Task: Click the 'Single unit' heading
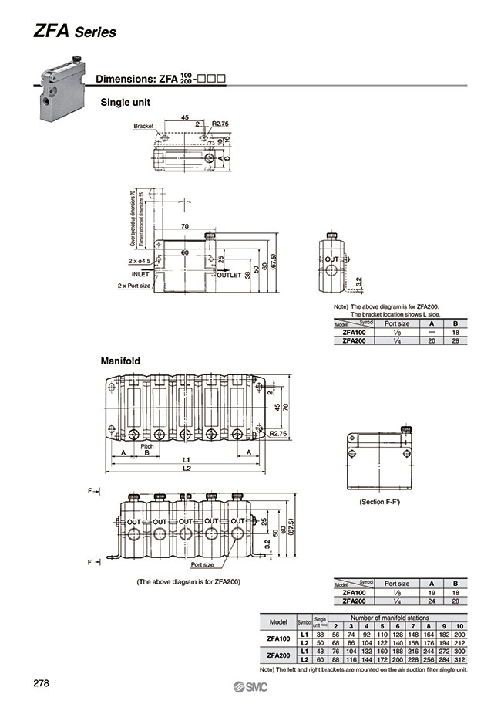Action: (125, 102)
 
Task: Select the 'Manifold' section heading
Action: (119, 360)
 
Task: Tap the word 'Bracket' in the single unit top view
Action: (143, 125)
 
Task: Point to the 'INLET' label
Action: (140, 274)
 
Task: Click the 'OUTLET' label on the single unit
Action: (229, 275)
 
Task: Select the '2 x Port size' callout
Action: (133, 286)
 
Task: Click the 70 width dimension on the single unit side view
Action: (185, 226)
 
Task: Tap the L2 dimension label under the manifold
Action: (186, 469)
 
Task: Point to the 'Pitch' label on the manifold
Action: (146, 446)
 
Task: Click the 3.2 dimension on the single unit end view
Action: (358, 281)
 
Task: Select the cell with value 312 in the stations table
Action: (459, 660)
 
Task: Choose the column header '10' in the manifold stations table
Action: (459, 626)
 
